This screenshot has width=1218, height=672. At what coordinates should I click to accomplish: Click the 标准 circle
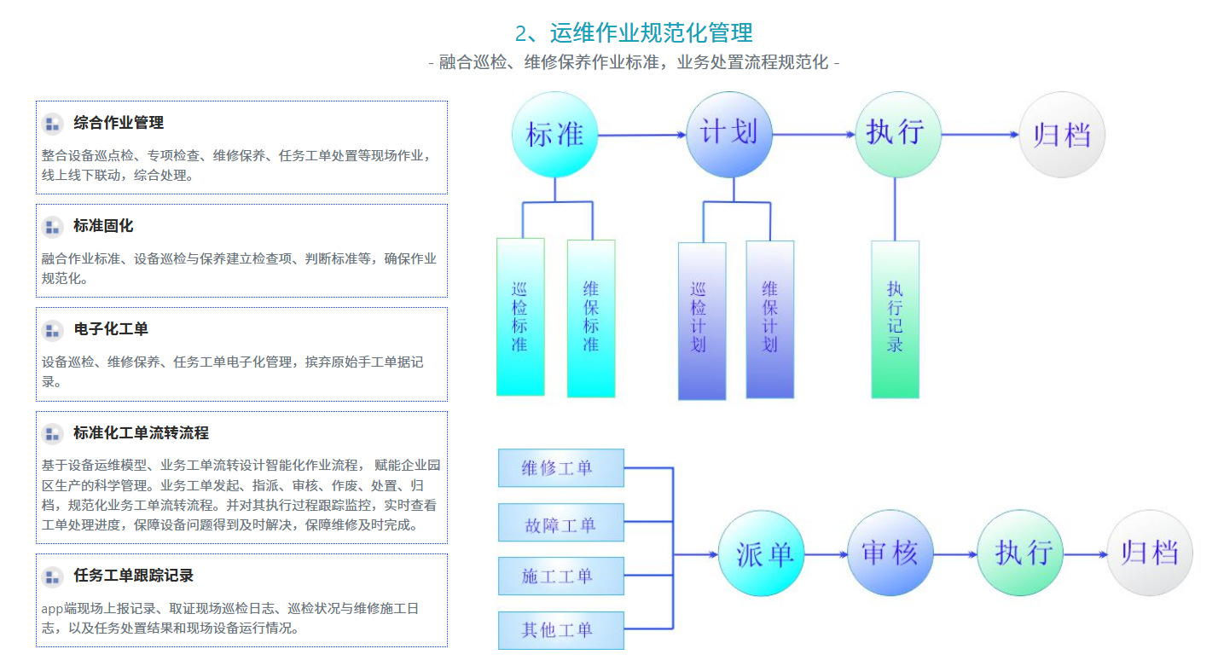[x=554, y=135]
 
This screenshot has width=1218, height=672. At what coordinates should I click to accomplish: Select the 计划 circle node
[x=728, y=134]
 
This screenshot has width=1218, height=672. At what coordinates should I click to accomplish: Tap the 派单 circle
[x=762, y=553]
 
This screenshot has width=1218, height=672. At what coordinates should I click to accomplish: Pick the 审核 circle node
[x=890, y=553]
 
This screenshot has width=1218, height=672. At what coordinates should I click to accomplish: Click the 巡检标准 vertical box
[x=520, y=316]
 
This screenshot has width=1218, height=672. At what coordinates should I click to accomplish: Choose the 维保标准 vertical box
[x=591, y=317]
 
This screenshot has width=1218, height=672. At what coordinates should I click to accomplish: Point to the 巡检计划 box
[x=702, y=320]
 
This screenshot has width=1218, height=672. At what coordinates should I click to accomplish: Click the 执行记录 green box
[x=895, y=319]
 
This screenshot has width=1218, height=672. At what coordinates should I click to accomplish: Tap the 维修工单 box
[x=560, y=468]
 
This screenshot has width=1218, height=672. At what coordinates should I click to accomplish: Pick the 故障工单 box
[x=560, y=523]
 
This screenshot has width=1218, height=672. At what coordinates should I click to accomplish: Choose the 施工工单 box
[x=560, y=576]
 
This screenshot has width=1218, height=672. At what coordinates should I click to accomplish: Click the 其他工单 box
[x=560, y=630]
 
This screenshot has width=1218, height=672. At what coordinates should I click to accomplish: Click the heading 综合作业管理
[x=119, y=123]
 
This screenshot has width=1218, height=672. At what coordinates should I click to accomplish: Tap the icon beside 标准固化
[x=53, y=227]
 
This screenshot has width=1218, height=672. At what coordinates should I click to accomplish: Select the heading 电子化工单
[x=111, y=329]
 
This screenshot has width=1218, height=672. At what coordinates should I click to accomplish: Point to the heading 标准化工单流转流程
[x=141, y=433]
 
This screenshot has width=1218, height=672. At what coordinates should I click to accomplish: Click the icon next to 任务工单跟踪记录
[x=53, y=576]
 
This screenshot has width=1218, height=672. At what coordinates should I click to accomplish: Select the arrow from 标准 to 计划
[x=642, y=135]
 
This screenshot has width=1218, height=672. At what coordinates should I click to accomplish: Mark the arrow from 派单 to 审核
[x=826, y=554]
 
